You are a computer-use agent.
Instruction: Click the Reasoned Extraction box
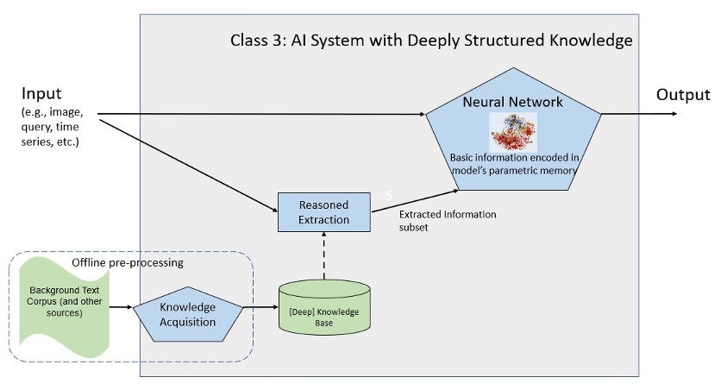(323, 211)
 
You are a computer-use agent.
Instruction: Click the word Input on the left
(41, 93)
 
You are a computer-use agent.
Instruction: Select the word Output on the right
(683, 94)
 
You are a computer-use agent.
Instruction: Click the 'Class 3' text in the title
(256, 40)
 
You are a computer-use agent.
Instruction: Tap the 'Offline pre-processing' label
(129, 262)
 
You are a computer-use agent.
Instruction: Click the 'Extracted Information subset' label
(448, 220)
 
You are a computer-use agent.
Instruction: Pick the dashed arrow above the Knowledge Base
(323, 255)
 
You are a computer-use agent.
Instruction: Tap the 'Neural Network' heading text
(512, 102)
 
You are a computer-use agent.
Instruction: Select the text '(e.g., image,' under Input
(52, 113)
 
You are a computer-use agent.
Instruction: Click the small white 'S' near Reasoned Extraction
(389, 196)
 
